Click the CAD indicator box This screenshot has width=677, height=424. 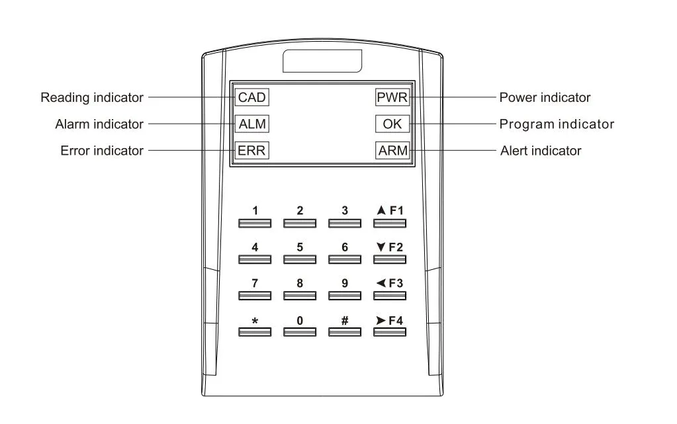point(251,97)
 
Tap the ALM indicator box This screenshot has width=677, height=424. point(251,124)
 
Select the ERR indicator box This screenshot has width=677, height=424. point(251,150)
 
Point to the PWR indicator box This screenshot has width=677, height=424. point(392,97)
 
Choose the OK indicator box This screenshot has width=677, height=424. point(392,124)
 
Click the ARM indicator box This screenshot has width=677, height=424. point(392,150)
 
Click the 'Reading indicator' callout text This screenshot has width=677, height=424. point(92,98)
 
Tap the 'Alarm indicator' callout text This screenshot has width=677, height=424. point(99,124)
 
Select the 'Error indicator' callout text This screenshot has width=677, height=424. point(101,151)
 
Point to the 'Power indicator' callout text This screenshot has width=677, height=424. point(545,98)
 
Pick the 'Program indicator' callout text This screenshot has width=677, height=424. point(557,124)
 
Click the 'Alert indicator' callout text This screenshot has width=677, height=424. point(540,151)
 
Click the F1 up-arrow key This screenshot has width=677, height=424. point(389,222)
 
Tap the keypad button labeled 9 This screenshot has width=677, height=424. point(345,296)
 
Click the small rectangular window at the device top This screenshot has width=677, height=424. point(323,61)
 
